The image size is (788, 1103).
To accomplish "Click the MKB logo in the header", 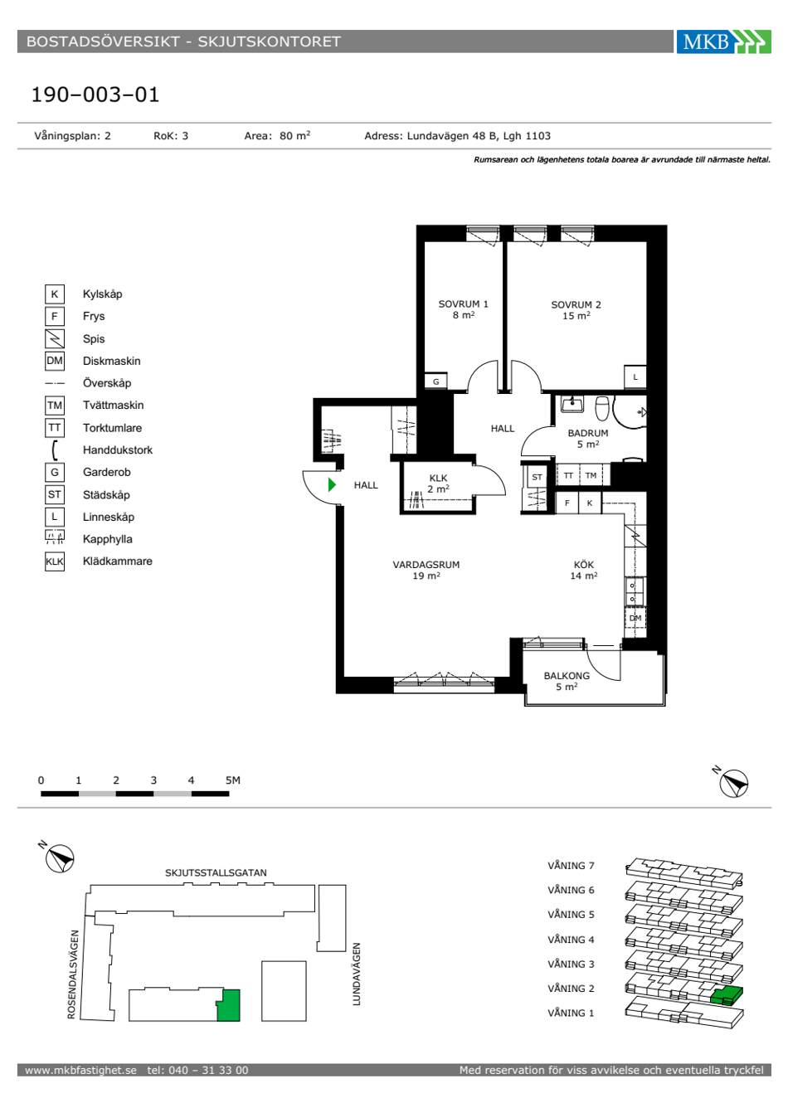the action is click(x=723, y=41).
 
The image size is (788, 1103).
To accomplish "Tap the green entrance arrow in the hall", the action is click(x=332, y=485).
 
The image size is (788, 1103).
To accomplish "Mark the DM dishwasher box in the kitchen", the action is click(x=635, y=618).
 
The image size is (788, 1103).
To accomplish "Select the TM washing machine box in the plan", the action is click(x=591, y=476).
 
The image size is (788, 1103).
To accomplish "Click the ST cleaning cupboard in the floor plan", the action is click(x=537, y=477).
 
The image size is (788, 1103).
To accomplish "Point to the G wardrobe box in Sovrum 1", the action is click(x=435, y=381).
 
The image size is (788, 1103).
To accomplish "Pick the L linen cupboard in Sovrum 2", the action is click(x=635, y=377).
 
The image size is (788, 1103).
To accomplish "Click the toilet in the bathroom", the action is click(x=602, y=408).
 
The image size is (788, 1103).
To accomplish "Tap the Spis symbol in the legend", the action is click(x=55, y=338).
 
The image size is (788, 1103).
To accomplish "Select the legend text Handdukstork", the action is click(x=118, y=450).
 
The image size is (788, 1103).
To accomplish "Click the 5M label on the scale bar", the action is click(x=233, y=780).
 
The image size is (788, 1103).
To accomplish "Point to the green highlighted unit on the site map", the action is click(x=228, y=1005).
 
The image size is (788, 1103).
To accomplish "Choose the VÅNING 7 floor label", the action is click(x=571, y=866).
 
